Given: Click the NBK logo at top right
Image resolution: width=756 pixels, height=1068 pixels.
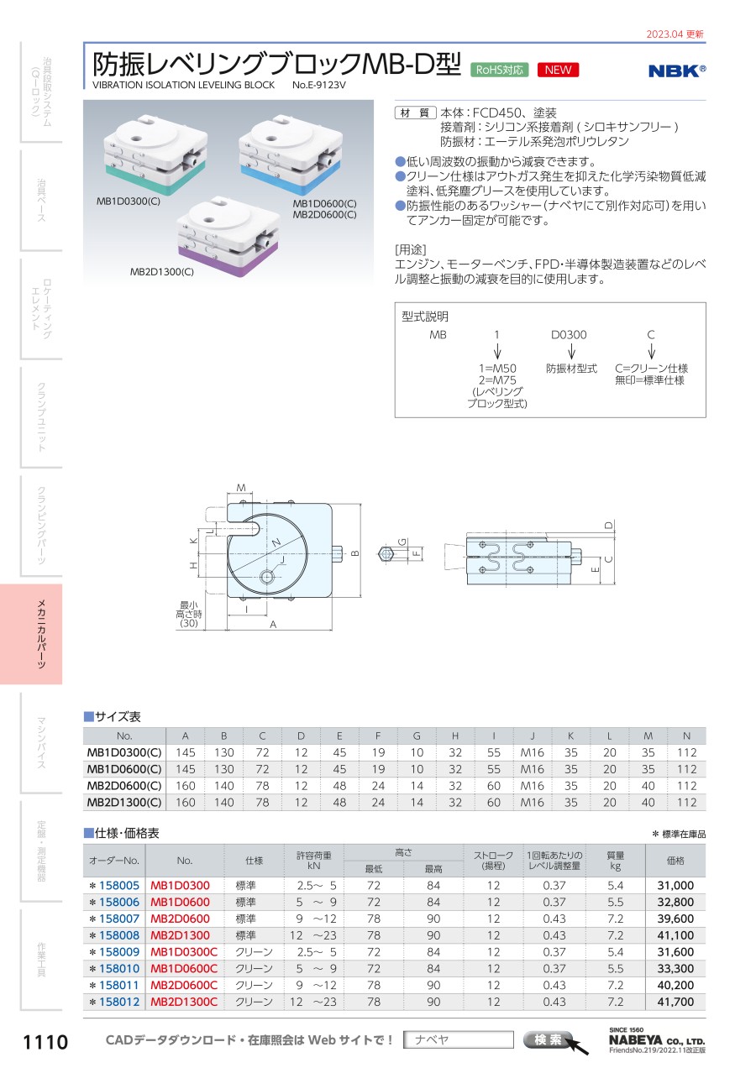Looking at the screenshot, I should [x=676, y=71].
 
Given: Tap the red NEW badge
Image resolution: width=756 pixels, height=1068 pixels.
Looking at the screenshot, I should [x=558, y=70].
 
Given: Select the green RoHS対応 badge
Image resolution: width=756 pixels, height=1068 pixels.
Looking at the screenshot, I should [x=499, y=70].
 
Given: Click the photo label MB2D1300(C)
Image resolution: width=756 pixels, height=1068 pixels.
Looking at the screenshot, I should [x=162, y=271].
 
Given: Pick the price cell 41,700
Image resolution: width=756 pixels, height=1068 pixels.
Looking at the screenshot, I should [x=675, y=1002].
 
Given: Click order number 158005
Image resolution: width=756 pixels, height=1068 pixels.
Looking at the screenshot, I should [x=118, y=885].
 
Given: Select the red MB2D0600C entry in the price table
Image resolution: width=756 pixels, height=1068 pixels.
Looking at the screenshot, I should [x=184, y=985].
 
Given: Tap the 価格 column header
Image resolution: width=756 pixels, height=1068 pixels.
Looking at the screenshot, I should [x=675, y=861].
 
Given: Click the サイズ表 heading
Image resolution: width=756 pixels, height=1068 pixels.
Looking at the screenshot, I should [x=117, y=716].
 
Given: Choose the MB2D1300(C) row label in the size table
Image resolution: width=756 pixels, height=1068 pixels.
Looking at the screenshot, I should [x=125, y=802].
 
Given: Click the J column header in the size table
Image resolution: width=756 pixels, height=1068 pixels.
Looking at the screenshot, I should [x=532, y=736].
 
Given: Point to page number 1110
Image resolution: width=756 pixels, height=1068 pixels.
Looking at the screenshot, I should [x=44, y=1042].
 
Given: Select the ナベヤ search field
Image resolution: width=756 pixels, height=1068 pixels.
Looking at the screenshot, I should [x=458, y=1039].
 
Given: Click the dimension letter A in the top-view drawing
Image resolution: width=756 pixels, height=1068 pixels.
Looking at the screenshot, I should [x=274, y=625].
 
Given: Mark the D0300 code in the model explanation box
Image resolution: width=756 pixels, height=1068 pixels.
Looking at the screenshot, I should [x=569, y=334].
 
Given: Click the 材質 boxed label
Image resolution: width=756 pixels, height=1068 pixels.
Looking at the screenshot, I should [x=415, y=113].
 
